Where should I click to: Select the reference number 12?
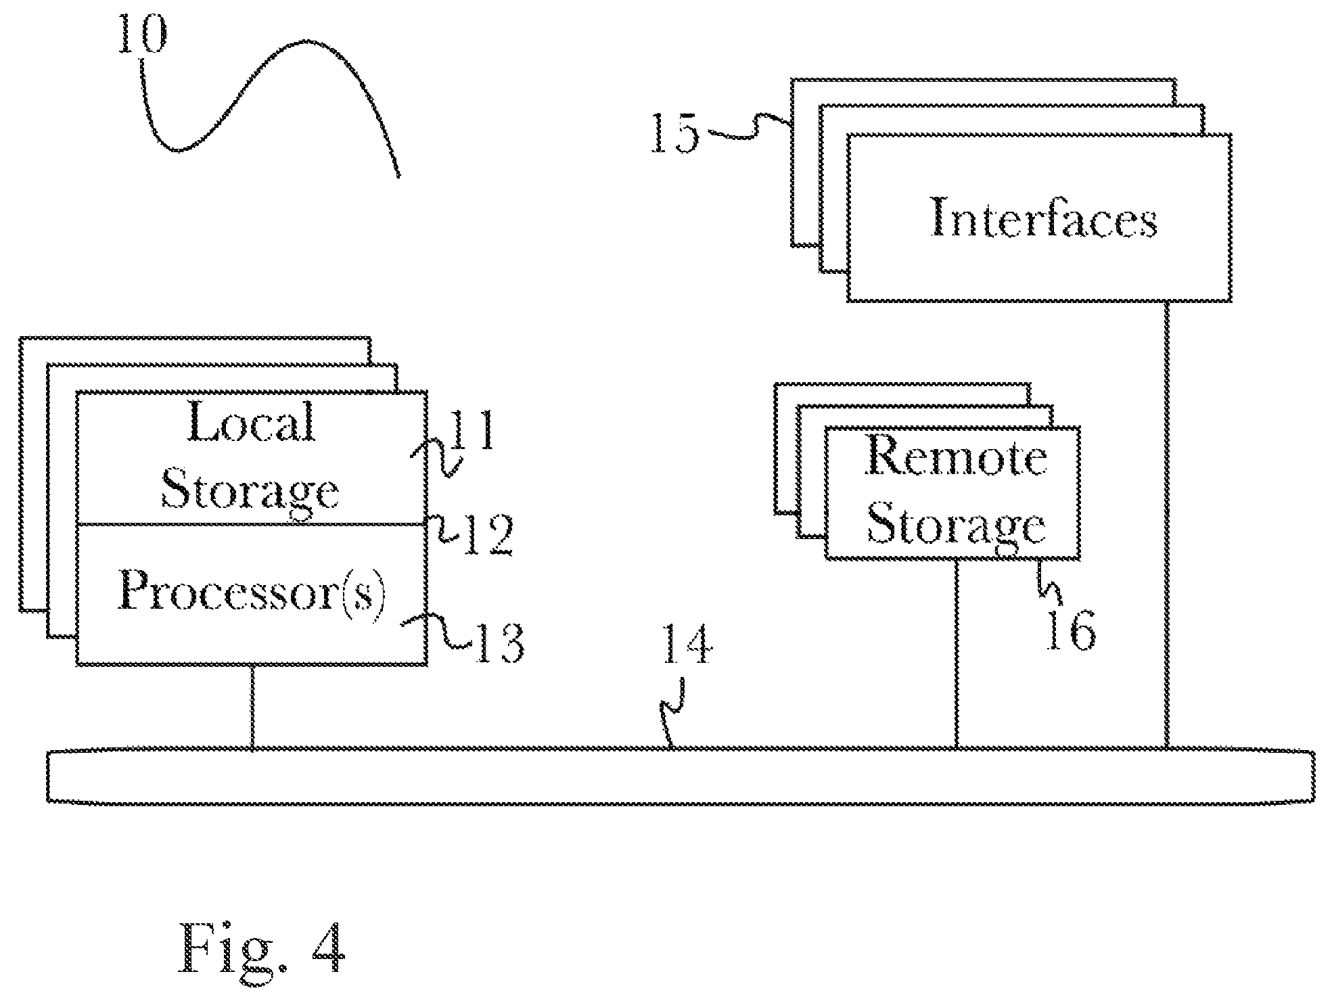pyautogui.click(x=486, y=535)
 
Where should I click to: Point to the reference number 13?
pyautogui.click(x=498, y=643)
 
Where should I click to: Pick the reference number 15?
pyautogui.click(x=675, y=133)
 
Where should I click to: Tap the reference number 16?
pyautogui.click(x=1071, y=630)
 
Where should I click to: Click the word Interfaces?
pyautogui.click(x=1044, y=217)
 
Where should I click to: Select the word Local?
pyautogui.click(x=251, y=422)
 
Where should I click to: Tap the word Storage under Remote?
pyautogui.click(x=957, y=525)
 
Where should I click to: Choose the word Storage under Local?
pyautogui.click(x=250, y=490)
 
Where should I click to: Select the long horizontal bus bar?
pyautogui.click(x=680, y=775)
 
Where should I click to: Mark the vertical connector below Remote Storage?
pyautogui.click(x=957, y=653)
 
